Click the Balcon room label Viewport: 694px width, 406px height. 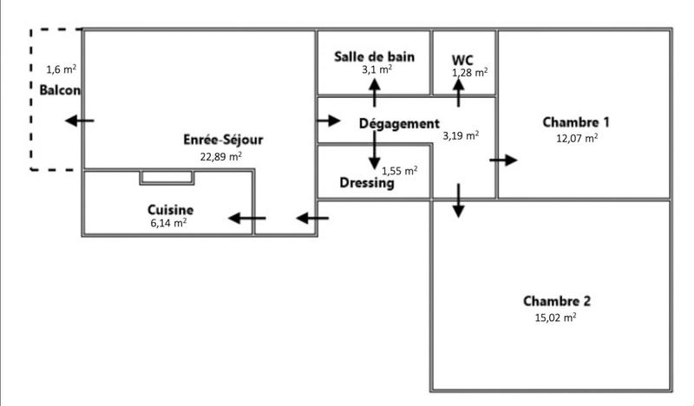click(60, 89)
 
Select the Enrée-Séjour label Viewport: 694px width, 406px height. click(223, 140)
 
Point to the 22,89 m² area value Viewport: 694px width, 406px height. click(220, 156)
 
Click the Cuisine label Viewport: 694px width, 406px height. click(170, 210)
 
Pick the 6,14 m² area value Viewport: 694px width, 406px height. click(168, 223)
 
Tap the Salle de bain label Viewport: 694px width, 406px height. click(375, 56)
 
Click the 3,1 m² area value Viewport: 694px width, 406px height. click(376, 69)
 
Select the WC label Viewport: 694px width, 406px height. click(462, 59)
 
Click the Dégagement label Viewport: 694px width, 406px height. click(399, 123)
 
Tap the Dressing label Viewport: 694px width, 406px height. click(367, 183)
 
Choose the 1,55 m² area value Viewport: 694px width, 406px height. click(400, 170)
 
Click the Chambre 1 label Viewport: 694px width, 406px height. click(576, 121)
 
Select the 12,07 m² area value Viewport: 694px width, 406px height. click(576, 137)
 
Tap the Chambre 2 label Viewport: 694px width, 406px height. click(557, 301)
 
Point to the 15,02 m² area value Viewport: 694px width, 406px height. click(556, 318)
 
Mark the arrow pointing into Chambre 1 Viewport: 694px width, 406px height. click(503, 160)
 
